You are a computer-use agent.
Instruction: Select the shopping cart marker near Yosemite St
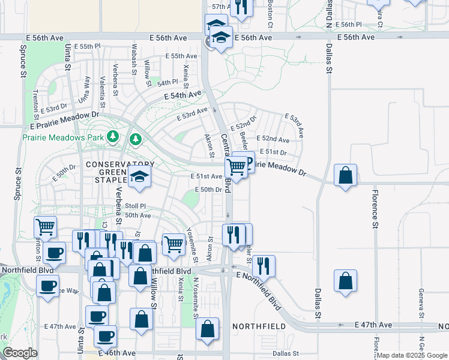173,244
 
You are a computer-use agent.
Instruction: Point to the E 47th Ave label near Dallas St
373,325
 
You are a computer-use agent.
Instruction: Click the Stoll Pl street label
135,206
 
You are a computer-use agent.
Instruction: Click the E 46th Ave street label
119,354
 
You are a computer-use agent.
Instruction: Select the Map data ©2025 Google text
412,355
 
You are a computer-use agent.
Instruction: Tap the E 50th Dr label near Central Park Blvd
209,190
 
